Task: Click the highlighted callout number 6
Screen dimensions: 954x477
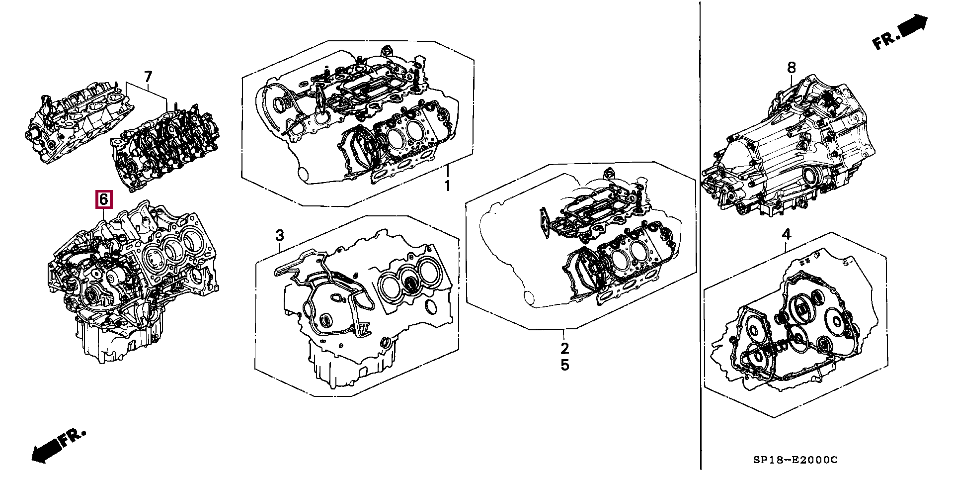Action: (103, 200)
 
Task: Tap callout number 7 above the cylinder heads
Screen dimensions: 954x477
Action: (148, 77)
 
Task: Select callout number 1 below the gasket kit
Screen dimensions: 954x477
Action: (447, 186)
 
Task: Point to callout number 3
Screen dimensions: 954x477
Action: (280, 235)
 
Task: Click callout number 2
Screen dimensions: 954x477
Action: (564, 348)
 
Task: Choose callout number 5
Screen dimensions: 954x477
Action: (564, 365)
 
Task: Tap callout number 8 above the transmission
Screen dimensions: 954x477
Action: (791, 67)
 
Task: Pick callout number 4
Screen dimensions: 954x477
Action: (787, 234)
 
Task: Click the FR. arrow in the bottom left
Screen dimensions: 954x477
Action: (58, 445)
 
